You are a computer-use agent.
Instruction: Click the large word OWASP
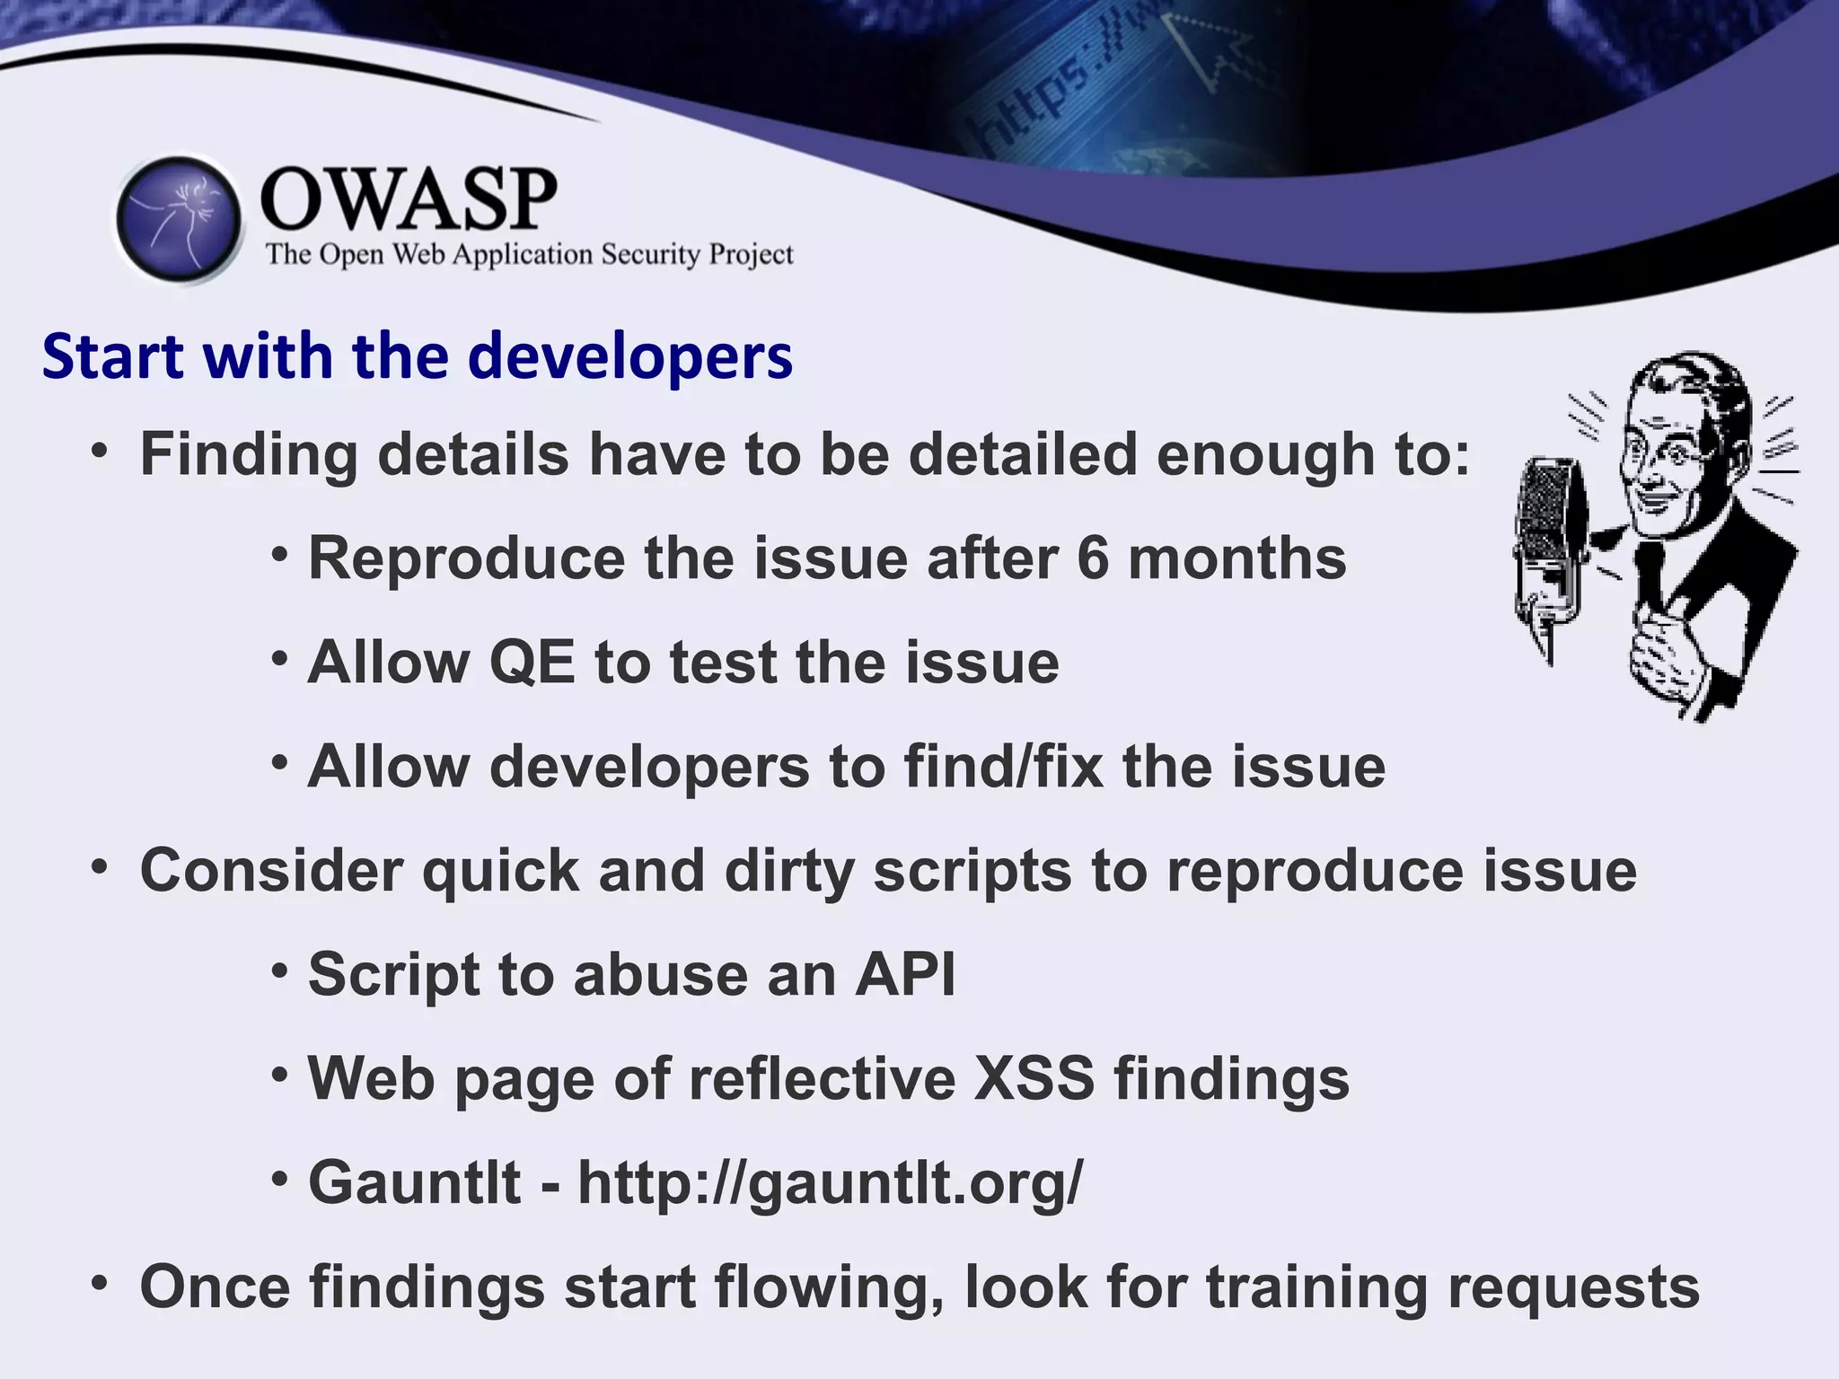point(409,199)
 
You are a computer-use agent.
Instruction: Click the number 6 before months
point(1093,558)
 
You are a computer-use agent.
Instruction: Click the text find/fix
point(1003,767)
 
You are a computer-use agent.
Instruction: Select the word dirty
point(788,871)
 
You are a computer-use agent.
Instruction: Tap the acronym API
point(905,975)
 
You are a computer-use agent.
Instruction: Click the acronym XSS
point(1034,1078)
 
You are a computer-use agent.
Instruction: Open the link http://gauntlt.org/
point(831,1183)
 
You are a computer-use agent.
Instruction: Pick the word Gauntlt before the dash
point(414,1182)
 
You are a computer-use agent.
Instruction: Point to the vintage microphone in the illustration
point(1549,548)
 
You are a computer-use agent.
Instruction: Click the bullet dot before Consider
point(100,868)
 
